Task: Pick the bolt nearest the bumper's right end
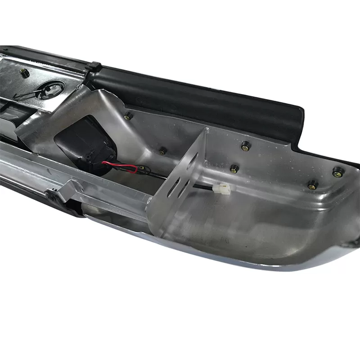click(x=338, y=171)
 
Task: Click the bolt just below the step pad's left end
click(x=129, y=117)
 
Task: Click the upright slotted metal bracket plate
click(x=180, y=180)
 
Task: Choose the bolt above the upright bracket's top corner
click(x=245, y=146)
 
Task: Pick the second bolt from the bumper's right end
click(x=311, y=184)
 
